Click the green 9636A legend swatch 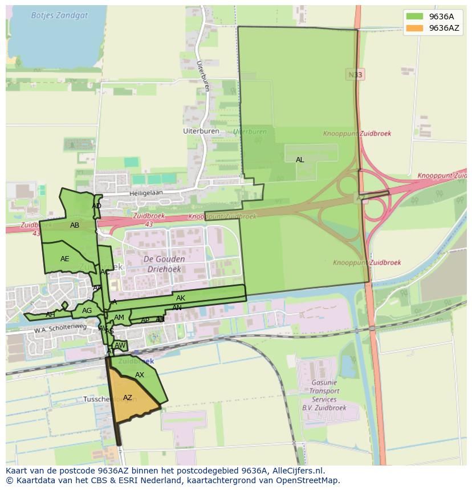tap(414, 17)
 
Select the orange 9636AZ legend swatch tap(414, 28)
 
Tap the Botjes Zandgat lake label tap(59, 15)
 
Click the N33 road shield tap(355, 75)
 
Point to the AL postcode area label tap(300, 160)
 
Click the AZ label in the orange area tap(128, 398)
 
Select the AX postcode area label tap(140, 375)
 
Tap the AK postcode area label tap(181, 298)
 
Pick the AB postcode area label tap(75, 225)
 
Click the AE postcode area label tap(65, 259)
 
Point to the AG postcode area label tap(87, 311)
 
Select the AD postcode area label tap(96, 206)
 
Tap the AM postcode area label tap(119, 318)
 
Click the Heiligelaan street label tap(145, 193)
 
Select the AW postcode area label tap(120, 345)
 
